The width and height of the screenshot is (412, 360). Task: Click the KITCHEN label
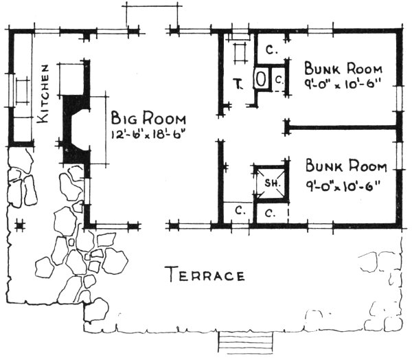point(45,94)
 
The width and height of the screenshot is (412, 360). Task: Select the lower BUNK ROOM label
point(346,166)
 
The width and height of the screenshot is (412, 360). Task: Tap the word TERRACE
point(205,276)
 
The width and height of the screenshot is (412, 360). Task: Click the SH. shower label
point(270,183)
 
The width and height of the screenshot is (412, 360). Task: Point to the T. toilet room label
point(238,85)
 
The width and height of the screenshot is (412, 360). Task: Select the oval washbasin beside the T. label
point(262,79)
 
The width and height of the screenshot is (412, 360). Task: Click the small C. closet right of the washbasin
point(279,80)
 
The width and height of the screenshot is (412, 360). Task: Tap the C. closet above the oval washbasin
point(271,49)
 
